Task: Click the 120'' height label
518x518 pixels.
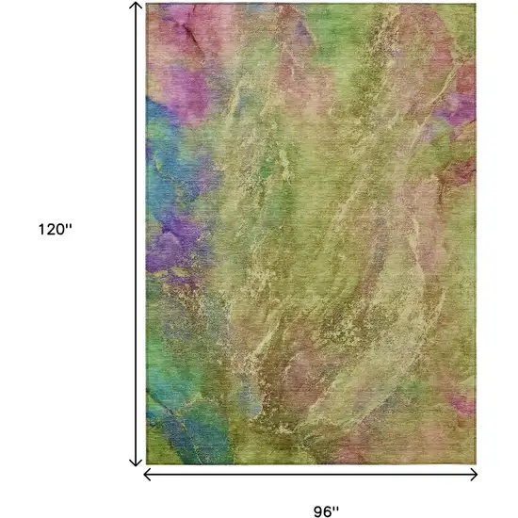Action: click(55, 229)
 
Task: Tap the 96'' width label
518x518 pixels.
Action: click(326, 512)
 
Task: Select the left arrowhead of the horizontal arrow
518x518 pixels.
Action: click(147, 475)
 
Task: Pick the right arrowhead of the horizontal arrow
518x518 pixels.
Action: click(475, 475)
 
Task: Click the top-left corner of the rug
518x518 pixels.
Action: click(147, 4)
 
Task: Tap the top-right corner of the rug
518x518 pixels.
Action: click(477, 4)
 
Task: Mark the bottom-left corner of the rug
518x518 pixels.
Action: click(147, 463)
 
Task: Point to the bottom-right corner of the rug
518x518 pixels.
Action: click(477, 463)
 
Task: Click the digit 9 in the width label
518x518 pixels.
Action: click(318, 512)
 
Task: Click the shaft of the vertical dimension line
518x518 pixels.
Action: click(137, 235)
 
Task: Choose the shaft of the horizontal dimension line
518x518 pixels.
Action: click(311, 475)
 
